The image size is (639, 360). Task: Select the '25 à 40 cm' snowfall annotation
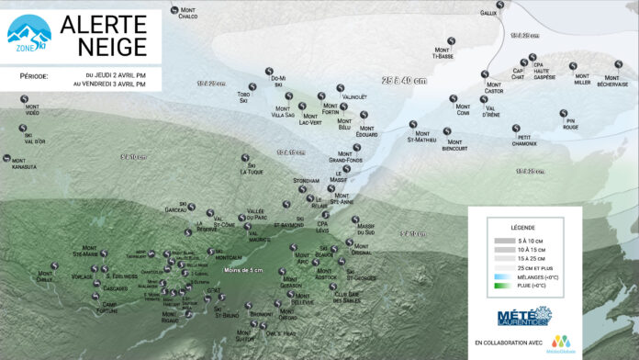point(404,81)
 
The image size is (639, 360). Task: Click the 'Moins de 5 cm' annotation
point(242,269)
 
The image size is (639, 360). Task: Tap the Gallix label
point(488,13)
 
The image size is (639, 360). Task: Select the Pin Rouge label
point(570,125)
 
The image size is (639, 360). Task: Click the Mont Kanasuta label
point(25,163)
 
